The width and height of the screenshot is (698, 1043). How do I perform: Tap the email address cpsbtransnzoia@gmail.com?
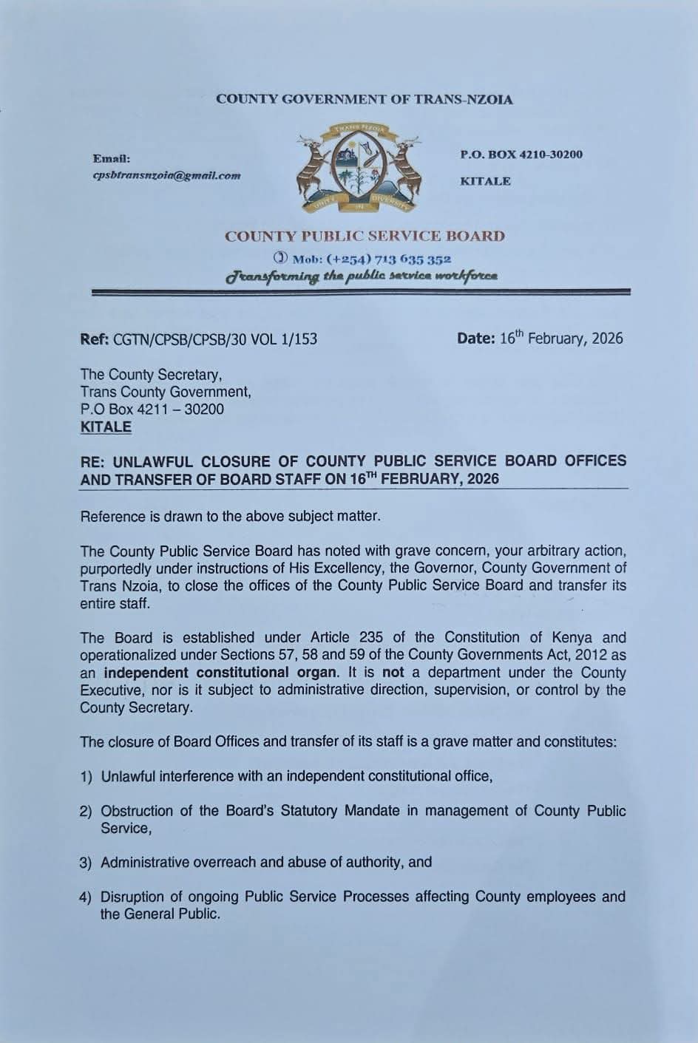click(166, 175)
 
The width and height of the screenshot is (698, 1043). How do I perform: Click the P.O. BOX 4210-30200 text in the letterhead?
click(521, 154)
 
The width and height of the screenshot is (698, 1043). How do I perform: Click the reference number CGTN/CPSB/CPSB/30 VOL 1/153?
click(214, 339)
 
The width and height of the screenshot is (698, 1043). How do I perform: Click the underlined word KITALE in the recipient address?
click(106, 427)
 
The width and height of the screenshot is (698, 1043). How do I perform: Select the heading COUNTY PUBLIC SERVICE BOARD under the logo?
click(365, 237)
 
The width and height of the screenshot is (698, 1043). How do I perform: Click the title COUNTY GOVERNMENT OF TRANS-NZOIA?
click(364, 99)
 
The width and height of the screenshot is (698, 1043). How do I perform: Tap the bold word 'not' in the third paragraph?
click(393, 673)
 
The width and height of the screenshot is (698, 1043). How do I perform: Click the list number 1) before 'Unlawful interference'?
click(86, 777)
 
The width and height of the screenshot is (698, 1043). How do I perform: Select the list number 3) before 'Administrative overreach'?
click(86, 863)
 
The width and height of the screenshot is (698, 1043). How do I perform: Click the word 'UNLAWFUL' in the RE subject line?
click(148, 461)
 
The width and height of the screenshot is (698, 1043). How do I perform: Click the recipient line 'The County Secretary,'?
click(151, 375)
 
